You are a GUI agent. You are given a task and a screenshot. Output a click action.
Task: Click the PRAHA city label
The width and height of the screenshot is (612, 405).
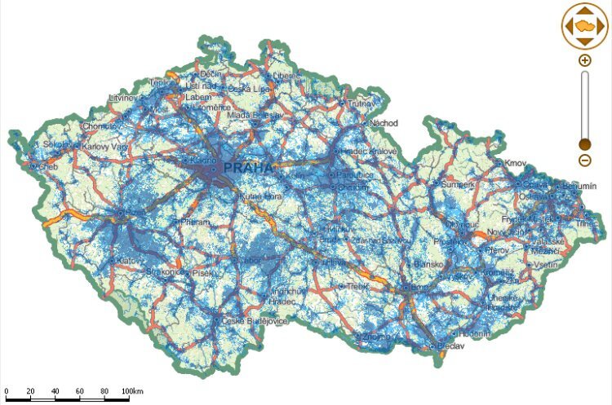click(x=249, y=168)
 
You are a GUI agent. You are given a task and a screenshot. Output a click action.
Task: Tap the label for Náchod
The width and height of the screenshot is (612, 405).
click(x=384, y=123)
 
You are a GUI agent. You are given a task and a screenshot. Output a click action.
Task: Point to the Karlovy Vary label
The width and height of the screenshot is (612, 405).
click(x=100, y=147)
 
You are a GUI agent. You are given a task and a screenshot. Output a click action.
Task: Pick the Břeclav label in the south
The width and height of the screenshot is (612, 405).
click(x=450, y=346)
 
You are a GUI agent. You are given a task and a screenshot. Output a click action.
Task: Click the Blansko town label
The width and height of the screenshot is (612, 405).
click(x=428, y=264)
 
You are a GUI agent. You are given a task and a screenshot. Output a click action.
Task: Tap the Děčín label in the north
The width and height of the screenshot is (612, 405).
click(x=211, y=75)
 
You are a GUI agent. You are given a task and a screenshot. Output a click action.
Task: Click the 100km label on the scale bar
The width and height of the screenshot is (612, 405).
click(x=131, y=392)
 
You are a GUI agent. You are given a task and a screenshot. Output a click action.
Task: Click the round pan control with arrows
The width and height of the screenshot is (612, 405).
click(x=585, y=25)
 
